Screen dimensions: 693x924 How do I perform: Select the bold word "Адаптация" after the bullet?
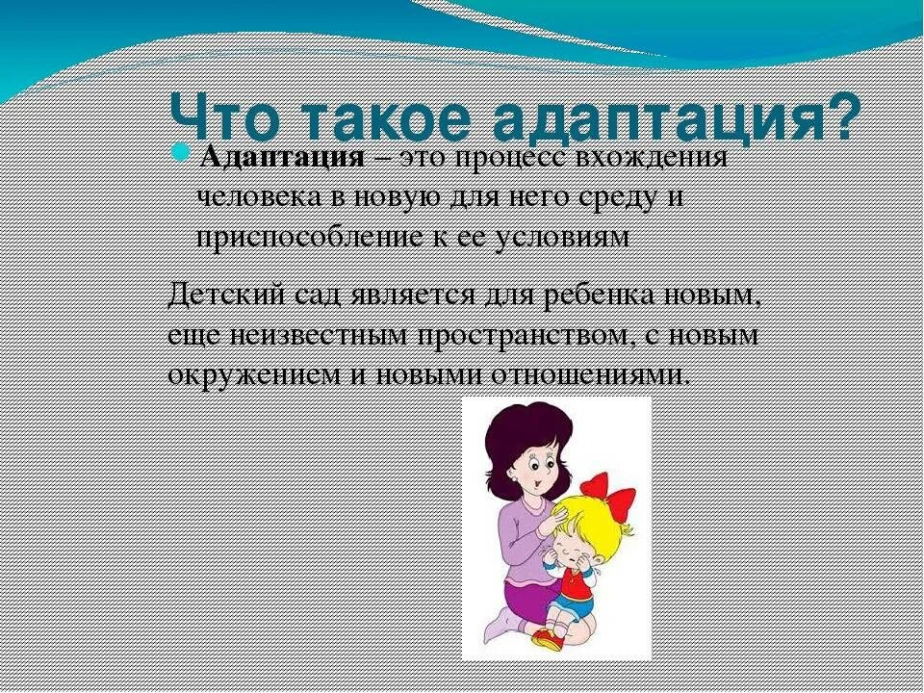[x=282, y=158]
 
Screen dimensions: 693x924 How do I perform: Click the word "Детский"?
[x=220, y=295]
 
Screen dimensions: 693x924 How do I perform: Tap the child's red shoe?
[x=548, y=638]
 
